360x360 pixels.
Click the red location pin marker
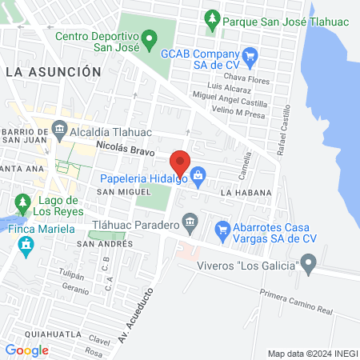[181, 162]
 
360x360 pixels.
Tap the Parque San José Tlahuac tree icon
[212, 17]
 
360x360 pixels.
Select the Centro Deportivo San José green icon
[149, 38]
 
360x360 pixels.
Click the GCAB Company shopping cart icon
[250, 55]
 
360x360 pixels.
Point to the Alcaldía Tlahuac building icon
[59, 128]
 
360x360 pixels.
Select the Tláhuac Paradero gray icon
[190, 221]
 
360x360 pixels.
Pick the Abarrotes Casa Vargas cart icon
[224, 231]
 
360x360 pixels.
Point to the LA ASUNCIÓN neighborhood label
[53, 72]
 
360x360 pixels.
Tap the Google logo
[27, 350]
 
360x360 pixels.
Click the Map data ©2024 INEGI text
[311, 354]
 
